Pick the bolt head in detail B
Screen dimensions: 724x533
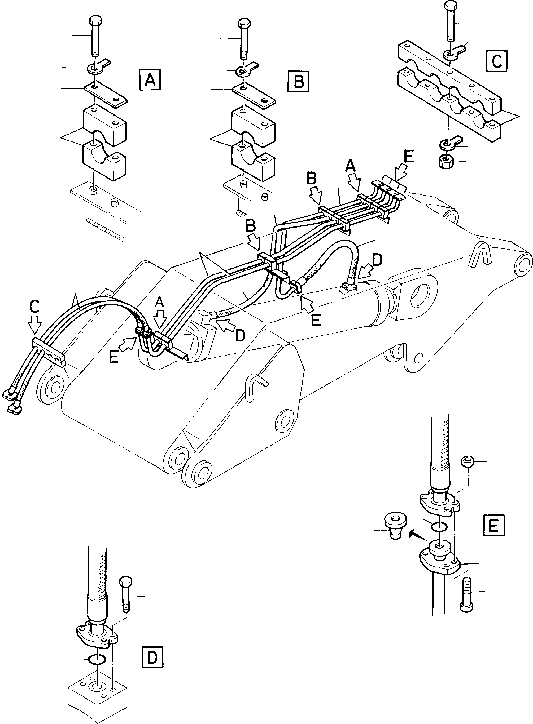coord(244,24)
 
